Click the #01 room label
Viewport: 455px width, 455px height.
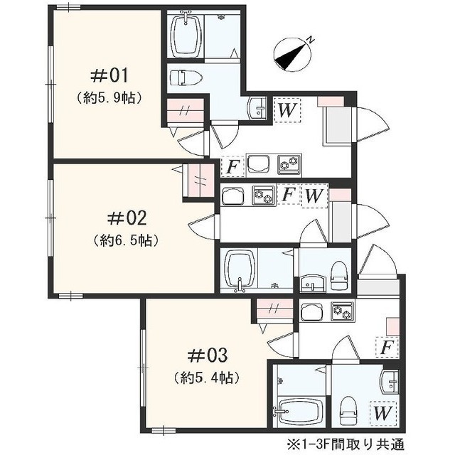coord(109,76)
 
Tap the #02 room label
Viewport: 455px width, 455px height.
coord(127,218)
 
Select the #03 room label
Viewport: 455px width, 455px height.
coord(207,355)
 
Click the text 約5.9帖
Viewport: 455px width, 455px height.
coord(109,98)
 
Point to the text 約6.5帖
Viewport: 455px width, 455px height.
coord(127,240)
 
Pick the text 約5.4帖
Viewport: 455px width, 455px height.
coord(207,378)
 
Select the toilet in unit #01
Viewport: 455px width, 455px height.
coord(186,77)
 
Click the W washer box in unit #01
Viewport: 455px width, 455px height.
coord(287,110)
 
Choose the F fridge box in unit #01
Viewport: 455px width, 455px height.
coord(232,167)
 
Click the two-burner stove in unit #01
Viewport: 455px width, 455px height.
coord(289,164)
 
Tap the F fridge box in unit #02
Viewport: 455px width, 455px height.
coord(289,194)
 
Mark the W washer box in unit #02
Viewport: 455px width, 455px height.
coord(314,196)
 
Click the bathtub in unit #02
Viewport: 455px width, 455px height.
coord(239,270)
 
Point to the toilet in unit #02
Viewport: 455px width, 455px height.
coord(339,276)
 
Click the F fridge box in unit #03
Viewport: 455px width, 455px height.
coord(387,347)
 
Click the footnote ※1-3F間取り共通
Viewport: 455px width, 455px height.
coord(346,444)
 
